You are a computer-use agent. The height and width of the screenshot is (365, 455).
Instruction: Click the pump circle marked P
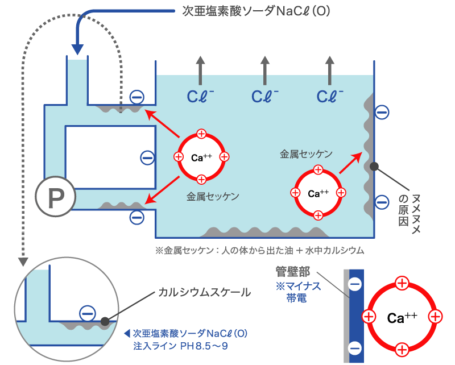coord(56,197)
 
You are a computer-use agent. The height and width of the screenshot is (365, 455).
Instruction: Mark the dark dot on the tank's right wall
coord(374,167)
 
